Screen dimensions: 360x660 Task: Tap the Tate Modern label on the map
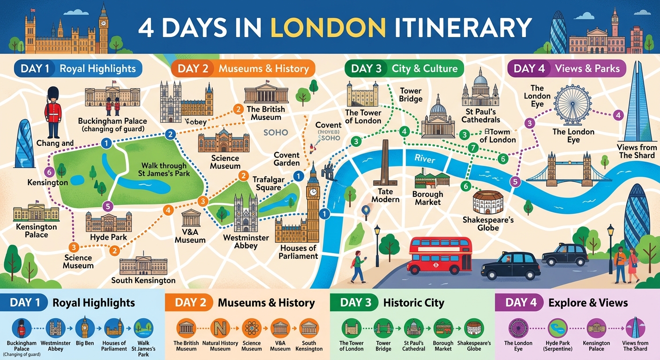385,195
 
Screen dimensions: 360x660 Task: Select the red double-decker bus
440,255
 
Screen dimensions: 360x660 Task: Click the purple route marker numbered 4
618,115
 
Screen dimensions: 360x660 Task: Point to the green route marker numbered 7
473,148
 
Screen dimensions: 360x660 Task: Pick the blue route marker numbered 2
171,135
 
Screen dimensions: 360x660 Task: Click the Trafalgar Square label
267,183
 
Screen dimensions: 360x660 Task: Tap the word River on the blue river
424,159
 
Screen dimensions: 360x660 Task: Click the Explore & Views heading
588,302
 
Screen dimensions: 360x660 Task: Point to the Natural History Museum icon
219,328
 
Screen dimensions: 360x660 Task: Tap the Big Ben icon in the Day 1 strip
84,328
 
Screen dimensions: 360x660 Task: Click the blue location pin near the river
366,212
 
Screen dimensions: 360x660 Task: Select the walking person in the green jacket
358,266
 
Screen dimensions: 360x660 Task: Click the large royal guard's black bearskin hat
52,95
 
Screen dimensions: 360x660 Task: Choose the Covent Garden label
286,159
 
